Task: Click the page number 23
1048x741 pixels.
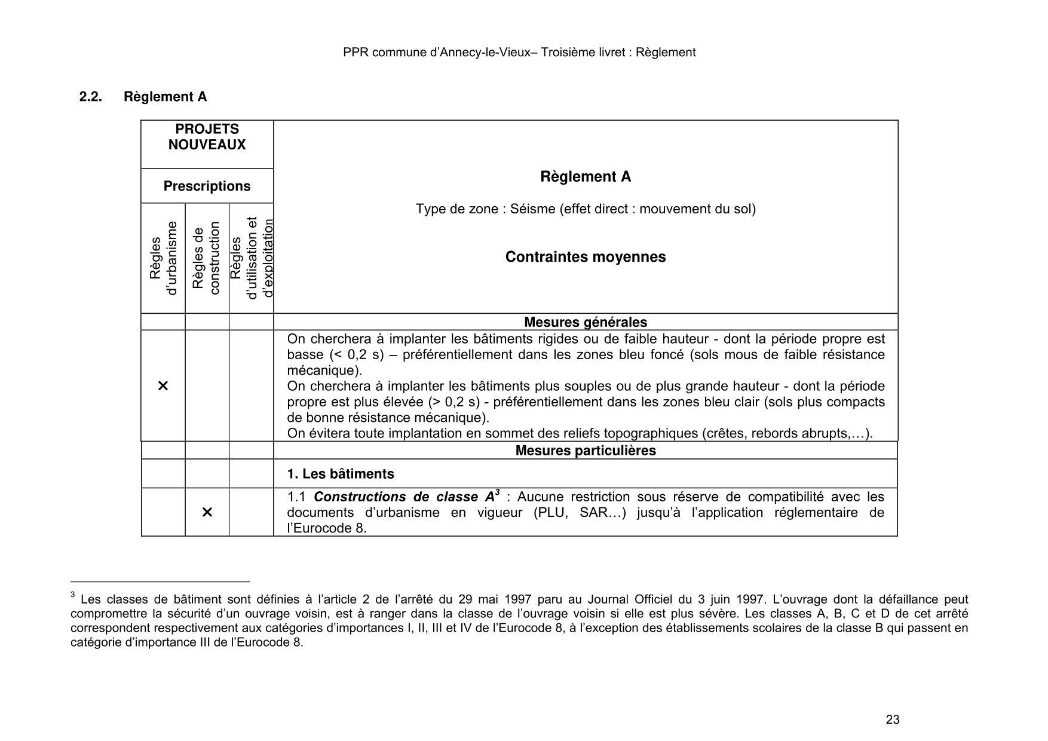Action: (x=892, y=719)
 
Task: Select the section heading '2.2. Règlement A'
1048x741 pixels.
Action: (x=143, y=97)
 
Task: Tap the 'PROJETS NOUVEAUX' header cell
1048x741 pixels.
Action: (x=207, y=137)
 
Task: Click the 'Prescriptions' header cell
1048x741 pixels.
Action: (x=207, y=186)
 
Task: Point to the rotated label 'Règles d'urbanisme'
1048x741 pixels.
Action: (x=163, y=258)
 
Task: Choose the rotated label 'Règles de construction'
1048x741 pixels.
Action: (x=207, y=258)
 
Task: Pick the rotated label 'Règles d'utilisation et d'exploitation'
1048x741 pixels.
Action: (x=252, y=258)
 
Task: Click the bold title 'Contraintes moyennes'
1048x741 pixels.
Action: (x=585, y=257)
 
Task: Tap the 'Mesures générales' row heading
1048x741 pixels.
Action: (x=585, y=322)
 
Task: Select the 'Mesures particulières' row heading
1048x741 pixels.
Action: (x=585, y=451)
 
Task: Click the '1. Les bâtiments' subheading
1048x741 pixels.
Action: (x=341, y=474)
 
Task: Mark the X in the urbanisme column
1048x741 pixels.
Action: (x=163, y=386)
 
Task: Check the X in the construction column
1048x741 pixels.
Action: (x=207, y=513)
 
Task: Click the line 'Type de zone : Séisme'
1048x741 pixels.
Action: (x=585, y=209)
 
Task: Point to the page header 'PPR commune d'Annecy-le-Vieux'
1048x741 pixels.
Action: (x=519, y=53)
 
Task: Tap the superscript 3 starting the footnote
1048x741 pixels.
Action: (x=73, y=595)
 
